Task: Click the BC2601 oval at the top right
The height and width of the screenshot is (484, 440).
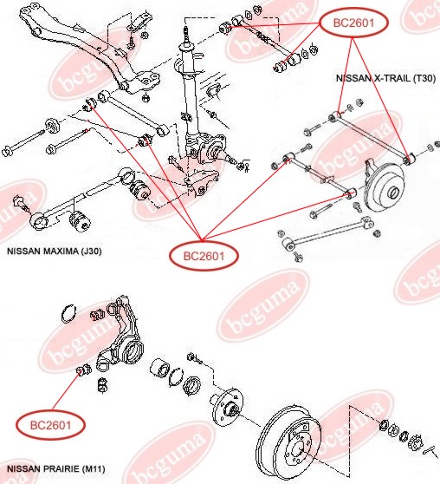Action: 353,23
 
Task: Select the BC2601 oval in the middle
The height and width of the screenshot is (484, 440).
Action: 204,256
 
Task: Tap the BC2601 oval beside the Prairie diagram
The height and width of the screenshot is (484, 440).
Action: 50,425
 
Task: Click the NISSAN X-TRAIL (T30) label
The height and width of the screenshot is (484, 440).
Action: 385,78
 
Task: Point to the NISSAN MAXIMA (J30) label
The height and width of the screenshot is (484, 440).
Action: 55,251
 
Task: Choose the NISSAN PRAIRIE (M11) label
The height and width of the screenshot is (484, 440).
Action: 55,469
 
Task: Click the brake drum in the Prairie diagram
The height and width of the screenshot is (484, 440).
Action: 288,443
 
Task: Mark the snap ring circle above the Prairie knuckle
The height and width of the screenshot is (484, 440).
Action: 68,314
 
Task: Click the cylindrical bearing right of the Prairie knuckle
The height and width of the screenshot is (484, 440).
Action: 160,368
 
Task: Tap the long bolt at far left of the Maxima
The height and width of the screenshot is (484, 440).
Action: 23,143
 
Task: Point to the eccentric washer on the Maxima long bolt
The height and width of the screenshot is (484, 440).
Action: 53,126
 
